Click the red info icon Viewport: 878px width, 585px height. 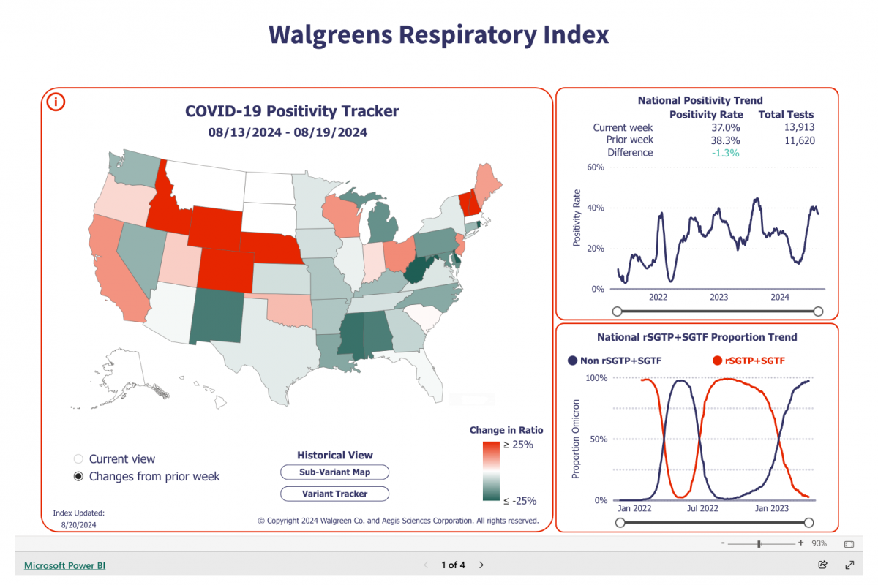(56, 102)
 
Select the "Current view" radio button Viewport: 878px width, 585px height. (78, 459)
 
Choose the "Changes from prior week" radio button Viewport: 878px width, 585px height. (78, 477)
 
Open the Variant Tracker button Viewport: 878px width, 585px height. (334, 494)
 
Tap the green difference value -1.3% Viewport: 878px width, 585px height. (724, 153)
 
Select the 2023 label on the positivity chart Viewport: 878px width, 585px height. (718, 297)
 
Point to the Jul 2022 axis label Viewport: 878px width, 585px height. (702, 507)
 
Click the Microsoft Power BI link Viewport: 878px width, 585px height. (64, 565)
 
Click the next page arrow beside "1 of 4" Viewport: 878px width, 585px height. (481, 565)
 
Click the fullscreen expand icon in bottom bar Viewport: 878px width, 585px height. (849, 565)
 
